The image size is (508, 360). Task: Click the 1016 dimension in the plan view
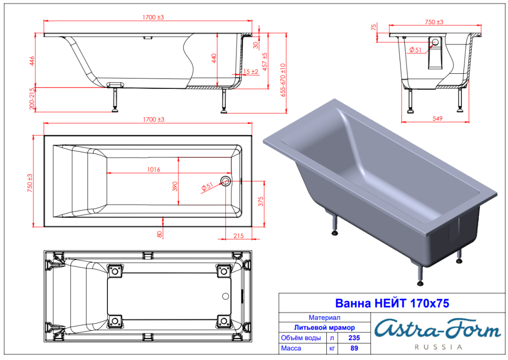[x=153, y=170]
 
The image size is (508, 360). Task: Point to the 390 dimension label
[x=175, y=186]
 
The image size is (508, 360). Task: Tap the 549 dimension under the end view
[x=437, y=118]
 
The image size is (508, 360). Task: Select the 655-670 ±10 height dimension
[x=283, y=80]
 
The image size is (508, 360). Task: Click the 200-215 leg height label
[x=32, y=98]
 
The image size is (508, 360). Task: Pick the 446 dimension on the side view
[x=32, y=61]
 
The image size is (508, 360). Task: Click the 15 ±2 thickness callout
[x=250, y=72]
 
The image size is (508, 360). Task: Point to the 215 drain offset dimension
[x=238, y=235]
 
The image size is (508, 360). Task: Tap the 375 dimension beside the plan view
[x=261, y=201]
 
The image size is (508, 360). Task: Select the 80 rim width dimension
[x=159, y=234]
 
